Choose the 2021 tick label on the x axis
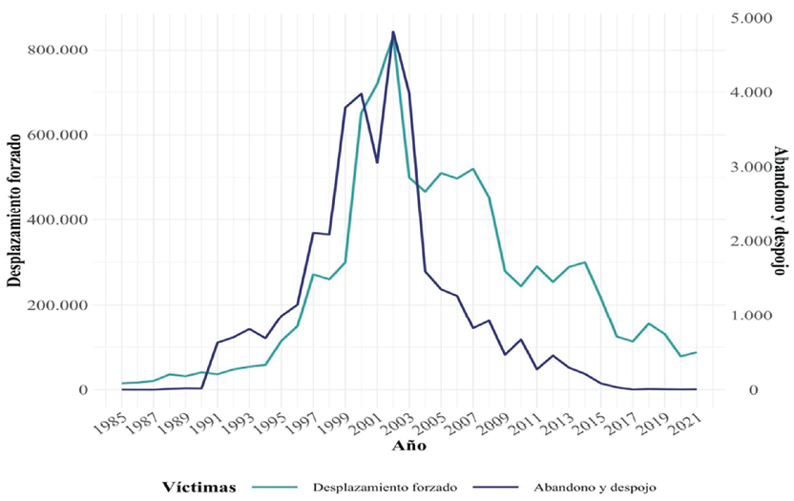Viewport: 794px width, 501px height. click(686, 419)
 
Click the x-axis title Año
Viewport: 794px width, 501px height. click(413, 446)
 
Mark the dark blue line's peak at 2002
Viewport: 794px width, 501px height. click(393, 31)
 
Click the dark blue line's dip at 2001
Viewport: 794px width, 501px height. click(377, 163)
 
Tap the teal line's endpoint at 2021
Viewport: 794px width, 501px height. click(696, 352)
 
